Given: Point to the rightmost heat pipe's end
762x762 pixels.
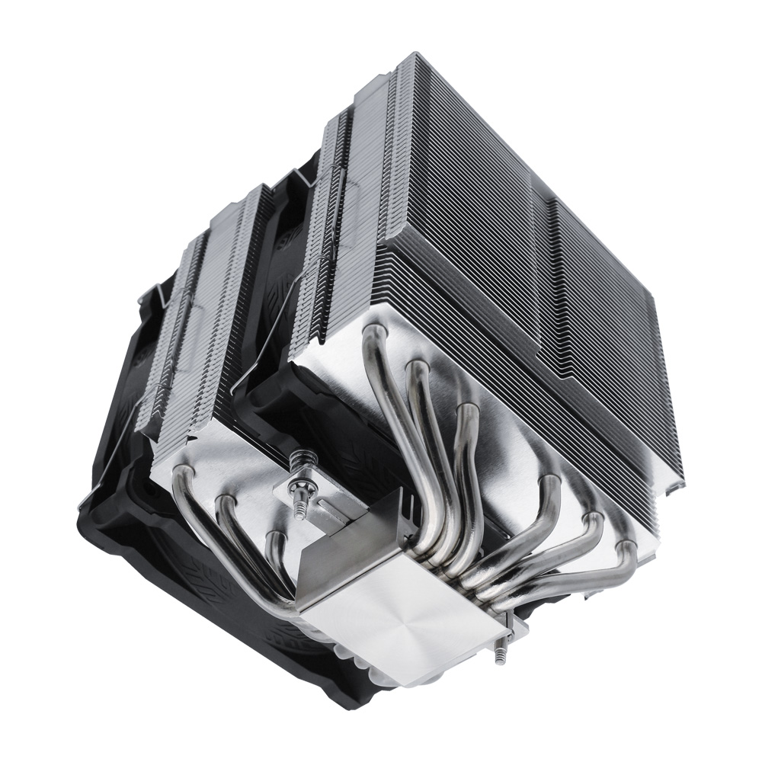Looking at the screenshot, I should [x=626, y=546].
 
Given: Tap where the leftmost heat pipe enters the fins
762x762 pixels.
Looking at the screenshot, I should [x=182, y=475].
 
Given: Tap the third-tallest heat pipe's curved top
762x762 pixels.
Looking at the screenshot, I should [x=466, y=411].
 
